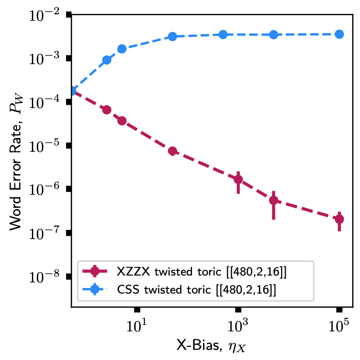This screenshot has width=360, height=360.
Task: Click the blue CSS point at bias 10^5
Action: [339, 34]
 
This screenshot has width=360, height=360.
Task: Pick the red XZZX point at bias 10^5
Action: [339, 219]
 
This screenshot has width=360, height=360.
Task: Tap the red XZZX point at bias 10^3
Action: [238, 179]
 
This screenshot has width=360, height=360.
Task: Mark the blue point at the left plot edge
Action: [72, 91]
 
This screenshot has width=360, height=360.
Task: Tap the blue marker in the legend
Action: [95, 290]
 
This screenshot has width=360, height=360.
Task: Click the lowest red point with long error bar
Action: [273, 200]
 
